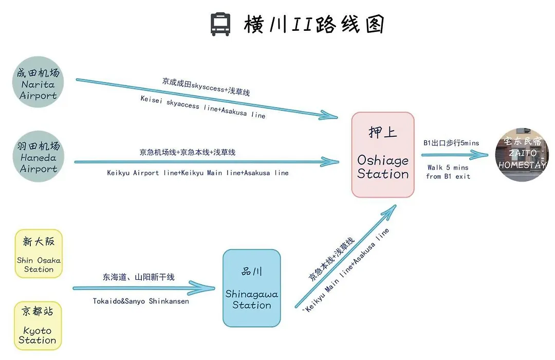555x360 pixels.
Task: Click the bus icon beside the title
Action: (x=220, y=24)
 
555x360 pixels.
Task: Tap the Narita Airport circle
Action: (x=38, y=82)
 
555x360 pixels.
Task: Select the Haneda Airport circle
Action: (x=38, y=156)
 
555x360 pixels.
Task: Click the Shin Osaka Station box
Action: (x=39, y=254)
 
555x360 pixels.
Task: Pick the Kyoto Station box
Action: (x=38, y=326)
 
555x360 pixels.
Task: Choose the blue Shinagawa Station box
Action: (x=252, y=288)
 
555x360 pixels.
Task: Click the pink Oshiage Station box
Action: (x=383, y=154)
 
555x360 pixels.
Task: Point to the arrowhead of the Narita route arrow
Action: (x=329, y=115)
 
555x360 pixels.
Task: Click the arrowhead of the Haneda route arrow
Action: (x=330, y=162)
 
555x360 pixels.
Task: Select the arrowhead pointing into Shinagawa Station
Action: (x=203, y=288)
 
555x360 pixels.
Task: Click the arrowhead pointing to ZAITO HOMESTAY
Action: (x=479, y=154)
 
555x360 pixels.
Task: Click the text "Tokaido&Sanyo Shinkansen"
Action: (x=141, y=301)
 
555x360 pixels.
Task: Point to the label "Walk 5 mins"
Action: (x=448, y=167)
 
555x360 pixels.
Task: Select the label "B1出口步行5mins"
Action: (x=451, y=143)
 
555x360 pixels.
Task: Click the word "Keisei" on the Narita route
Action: (x=151, y=100)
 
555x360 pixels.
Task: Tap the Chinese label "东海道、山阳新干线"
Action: (x=139, y=277)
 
